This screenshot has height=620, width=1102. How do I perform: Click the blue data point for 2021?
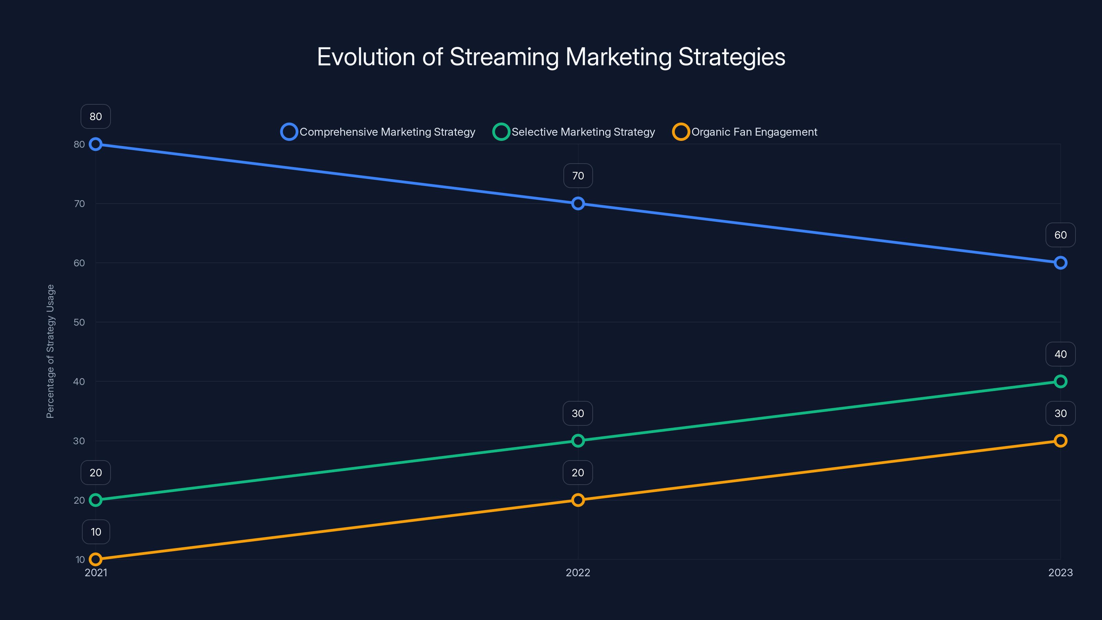coord(95,144)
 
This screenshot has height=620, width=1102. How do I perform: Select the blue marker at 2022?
coord(578,204)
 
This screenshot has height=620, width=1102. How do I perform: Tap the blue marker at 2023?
coord(1060,263)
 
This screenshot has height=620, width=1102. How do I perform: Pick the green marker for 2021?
coord(95,500)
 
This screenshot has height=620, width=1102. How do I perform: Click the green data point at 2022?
coord(578,441)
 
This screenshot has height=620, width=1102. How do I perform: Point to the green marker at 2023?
coord(1060,381)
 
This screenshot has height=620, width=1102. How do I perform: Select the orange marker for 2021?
coord(95,559)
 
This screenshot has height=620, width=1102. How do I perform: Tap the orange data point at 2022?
coord(578,500)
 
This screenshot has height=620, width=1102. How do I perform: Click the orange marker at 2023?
coord(1060,441)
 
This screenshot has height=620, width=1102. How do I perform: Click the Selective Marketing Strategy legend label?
coord(583,132)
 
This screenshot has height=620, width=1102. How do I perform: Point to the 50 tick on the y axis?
coord(79,322)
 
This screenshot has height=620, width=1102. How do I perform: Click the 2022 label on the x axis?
coord(578,572)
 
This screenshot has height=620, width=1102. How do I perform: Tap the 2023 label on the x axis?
coord(1060,572)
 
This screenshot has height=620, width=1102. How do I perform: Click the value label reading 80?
coord(95,116)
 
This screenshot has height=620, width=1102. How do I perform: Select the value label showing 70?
coord(578,176)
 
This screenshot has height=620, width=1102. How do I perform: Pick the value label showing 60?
coord(1060,235)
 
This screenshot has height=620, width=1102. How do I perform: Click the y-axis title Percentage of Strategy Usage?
coord(51,351)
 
